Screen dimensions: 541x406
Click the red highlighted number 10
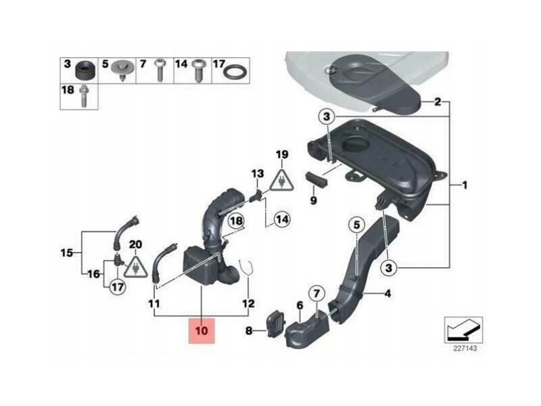click(202, 331)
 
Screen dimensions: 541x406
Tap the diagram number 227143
click(465, 348)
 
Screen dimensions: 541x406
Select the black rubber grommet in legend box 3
click(85, 70)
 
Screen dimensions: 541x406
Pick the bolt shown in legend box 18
click(83, 96)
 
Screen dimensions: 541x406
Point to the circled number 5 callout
click(356, 225)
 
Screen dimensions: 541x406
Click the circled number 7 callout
click(316, 294)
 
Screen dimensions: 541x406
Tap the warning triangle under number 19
click(282, 180)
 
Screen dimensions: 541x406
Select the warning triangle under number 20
click(136, 266)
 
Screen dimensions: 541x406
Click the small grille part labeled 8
click(275, 324)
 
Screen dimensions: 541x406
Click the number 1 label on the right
click(465, 185)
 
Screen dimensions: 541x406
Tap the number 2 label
click(437, 102)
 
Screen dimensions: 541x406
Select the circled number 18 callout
click(236, 221)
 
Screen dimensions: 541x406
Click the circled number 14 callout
click(282, 219)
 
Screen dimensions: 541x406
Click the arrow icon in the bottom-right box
click(463, 330)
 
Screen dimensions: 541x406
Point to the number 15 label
click(66, 252)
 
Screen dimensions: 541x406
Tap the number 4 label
click(387, 294)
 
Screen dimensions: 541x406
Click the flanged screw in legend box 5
click(123, 70)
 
